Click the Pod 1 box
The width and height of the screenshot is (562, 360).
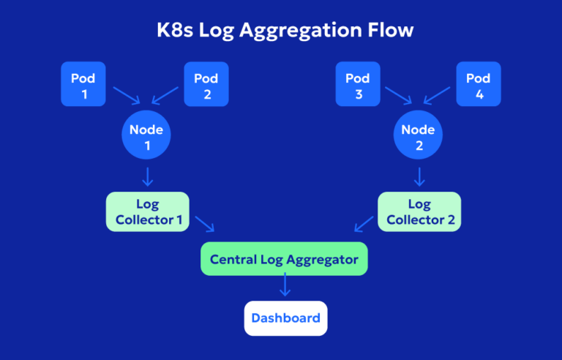point(83,84)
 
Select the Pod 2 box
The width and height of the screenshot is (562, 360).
point(206,84)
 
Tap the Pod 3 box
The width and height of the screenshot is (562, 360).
point(356,84)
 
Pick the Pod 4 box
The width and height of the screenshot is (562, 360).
point(479,84)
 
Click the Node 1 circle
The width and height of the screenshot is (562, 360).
point(146,138)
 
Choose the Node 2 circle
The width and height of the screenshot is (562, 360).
point(419,138)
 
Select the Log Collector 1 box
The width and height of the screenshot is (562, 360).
point(147,211)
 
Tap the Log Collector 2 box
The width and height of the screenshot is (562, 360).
point(419,211)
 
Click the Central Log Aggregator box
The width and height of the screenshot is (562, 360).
point(284,259)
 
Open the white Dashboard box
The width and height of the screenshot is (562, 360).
point(285,318)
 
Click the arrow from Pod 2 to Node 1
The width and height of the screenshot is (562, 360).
point(164,97)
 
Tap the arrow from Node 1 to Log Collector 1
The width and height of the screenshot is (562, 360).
point(147,176)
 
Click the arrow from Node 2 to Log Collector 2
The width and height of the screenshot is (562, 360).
point(419,176)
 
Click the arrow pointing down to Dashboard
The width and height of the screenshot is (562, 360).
point(285,287)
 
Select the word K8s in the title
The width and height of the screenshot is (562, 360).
point(174,31)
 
